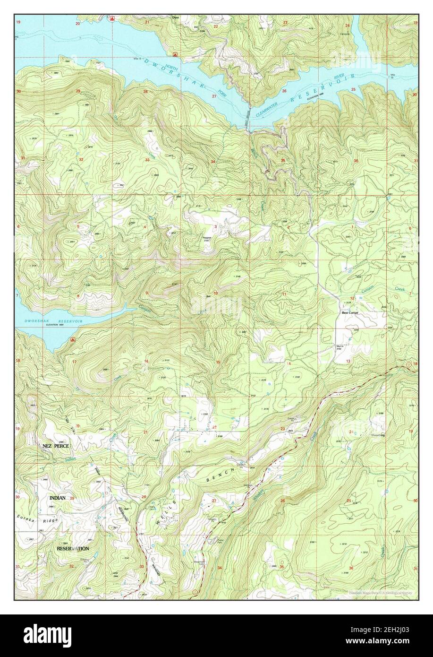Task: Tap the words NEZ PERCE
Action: pyautogui.click(x=56, y=446)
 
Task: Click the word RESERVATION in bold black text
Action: pyautogui.click(x=73, y=549)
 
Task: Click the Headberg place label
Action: pyautogui.click(x=378, y=434)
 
